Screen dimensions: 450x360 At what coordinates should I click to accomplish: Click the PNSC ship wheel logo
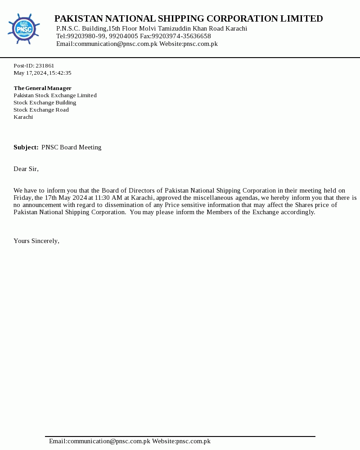(x=23, y=29)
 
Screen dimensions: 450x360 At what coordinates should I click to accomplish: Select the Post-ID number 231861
(x=45, y=66)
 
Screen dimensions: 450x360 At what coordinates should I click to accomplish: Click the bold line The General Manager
(x=42, y=88)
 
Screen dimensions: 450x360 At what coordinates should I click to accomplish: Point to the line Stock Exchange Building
(x=45, y=103)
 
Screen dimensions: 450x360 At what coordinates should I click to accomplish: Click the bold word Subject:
(x=26, y=147)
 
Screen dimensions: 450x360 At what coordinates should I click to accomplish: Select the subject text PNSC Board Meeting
(x=72, y=147)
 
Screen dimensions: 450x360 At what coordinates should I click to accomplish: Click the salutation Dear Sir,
(x=26, y=169)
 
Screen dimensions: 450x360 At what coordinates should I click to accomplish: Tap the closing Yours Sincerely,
(x=36, y=241)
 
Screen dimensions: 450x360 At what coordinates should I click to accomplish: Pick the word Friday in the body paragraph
(x=22, y=198)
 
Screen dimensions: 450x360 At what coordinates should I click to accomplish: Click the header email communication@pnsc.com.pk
(x=116, y=44)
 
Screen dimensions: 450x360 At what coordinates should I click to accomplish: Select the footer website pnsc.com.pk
(x=193, y=441)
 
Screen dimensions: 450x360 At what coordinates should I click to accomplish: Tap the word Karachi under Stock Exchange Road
(x=23, y=117)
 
